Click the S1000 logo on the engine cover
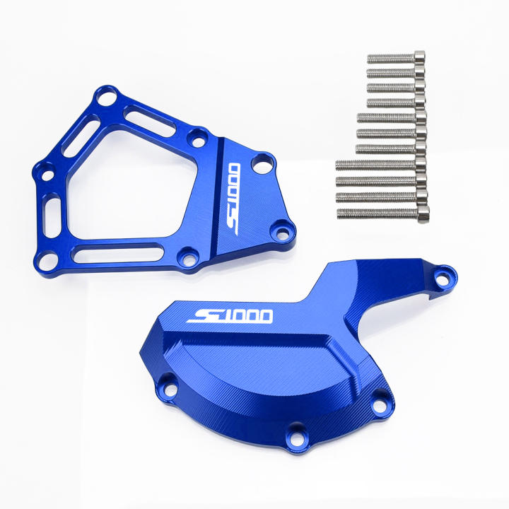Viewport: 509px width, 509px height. pos(230,314)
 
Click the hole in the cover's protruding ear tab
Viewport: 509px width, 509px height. pos(443,277)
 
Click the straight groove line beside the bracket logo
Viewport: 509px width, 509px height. pos(216,198)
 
